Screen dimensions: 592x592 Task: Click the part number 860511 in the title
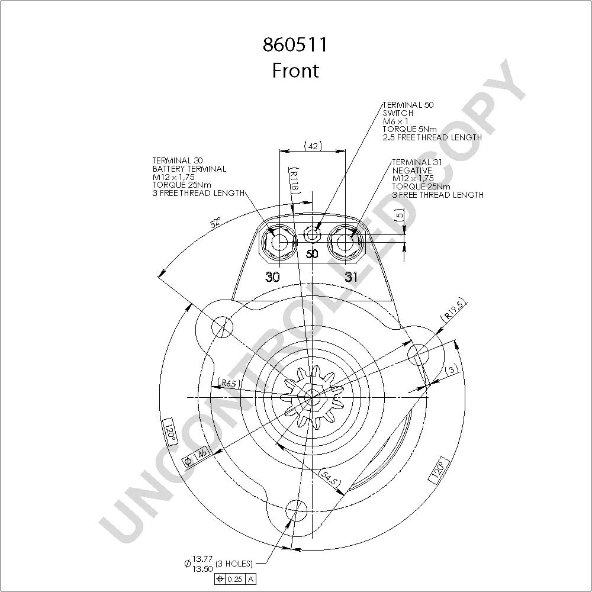295,45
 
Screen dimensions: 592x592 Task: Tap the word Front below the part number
295,70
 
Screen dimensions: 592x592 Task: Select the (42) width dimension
313,146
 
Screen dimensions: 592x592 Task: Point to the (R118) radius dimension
294,180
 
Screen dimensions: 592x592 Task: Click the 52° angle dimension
216,223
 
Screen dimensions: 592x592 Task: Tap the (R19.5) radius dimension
454,309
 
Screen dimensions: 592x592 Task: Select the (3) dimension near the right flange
452,370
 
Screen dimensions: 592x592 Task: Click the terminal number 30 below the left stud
272,277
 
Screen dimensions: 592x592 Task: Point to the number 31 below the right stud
351,277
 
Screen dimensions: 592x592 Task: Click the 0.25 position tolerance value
235,579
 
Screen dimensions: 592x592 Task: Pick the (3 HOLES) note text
234,564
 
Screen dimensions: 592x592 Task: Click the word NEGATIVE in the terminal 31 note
412,170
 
